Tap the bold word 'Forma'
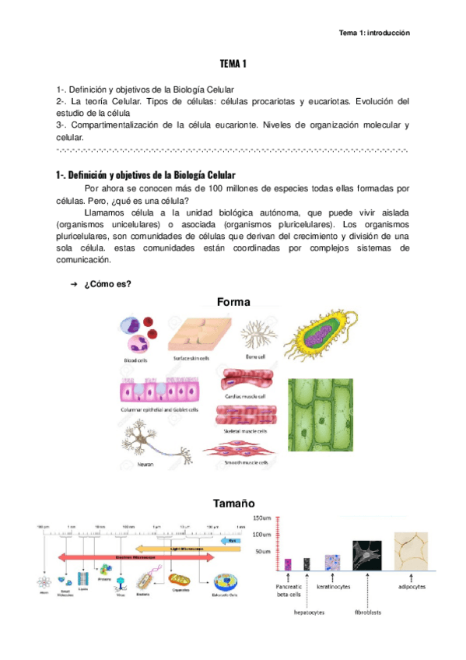(233, 302)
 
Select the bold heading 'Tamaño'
(233, 504)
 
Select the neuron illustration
(142, 445)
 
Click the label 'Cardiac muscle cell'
(246, 396)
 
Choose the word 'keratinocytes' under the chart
(334, 585)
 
